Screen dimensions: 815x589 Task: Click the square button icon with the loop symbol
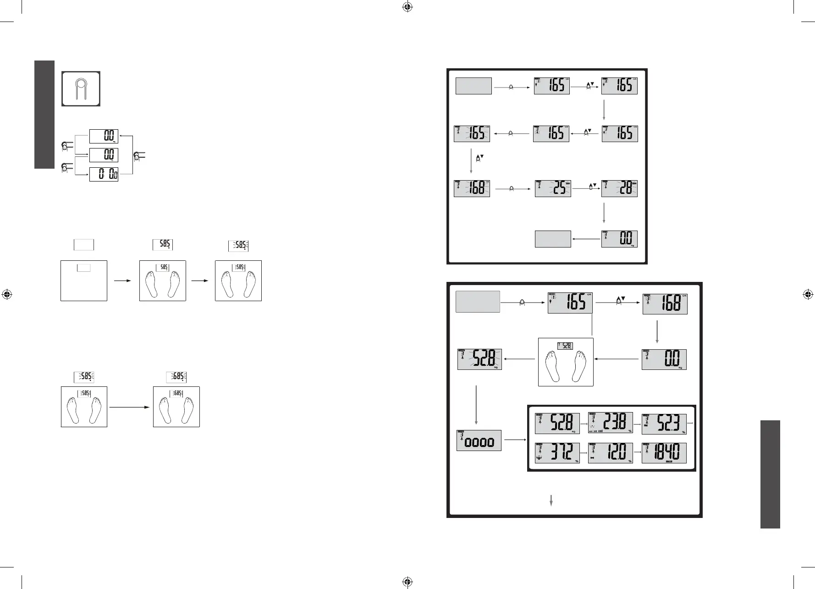[x=81, y=88]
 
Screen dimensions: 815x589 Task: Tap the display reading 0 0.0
[x=104, y=175]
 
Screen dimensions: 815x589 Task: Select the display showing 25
[x=553, y=188]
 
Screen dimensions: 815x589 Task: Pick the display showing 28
[x=619, y=188]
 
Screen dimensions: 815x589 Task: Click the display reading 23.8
[x=610, y=423]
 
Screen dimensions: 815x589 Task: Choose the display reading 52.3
[x=664, y=423]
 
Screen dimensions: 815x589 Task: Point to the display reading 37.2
[x=557, y=453]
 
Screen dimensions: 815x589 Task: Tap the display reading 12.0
[x=610, y=453]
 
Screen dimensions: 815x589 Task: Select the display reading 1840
[x=664, y=453]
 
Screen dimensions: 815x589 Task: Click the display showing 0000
[x=479, y=440]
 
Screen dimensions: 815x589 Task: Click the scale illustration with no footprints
[x=84, y=281]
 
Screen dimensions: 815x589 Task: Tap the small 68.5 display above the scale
[x=176, y=377]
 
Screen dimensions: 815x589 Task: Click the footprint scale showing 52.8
[x=565, y=362]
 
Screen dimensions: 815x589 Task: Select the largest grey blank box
[x=478, y=302]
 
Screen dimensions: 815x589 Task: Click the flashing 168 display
[x=472, y=188]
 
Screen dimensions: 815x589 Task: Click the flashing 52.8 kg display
[x=479, y=359]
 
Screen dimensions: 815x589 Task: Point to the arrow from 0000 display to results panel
[x=514, y=440]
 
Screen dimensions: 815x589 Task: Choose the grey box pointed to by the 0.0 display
[x=553, y=239]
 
